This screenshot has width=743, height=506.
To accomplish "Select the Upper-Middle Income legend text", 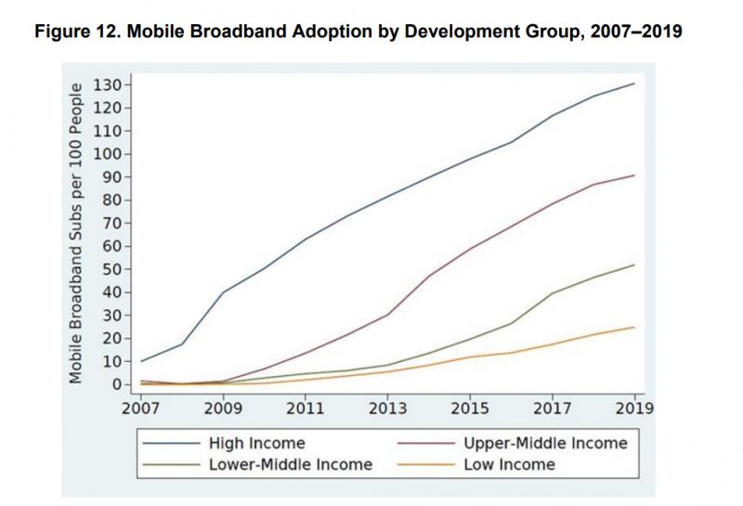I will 545,444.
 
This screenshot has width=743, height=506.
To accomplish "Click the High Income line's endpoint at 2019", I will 634,84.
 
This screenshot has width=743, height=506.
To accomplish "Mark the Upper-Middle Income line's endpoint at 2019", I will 634,175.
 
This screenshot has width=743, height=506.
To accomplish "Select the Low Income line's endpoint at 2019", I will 634,327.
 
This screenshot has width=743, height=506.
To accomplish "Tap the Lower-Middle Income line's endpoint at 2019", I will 634,265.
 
